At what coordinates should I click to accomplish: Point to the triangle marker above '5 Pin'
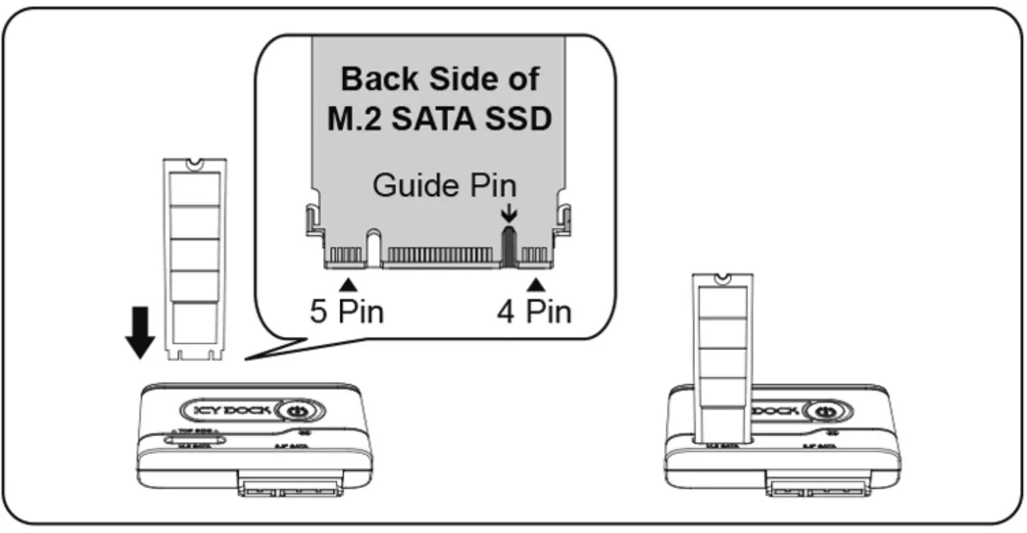[x=348, y=282]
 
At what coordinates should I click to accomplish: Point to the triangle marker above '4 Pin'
[x=536, y=282]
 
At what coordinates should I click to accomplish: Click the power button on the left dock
[x=295, y=412]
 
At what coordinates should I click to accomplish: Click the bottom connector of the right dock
[x=816, y=490]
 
